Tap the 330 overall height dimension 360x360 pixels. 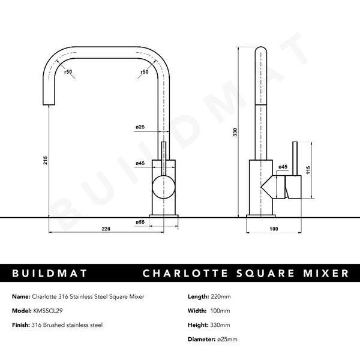click(x=236, y=131)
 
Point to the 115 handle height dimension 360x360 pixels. click(x=308, y=170)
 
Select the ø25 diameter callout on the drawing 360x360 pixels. click(x=140, y=127)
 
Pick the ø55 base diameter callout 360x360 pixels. click(x=140, y=222)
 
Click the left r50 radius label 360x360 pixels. click(x=69, y=72)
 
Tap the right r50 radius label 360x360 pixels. click(x=144, y=72)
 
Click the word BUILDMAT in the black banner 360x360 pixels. click(x=50, y=274)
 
